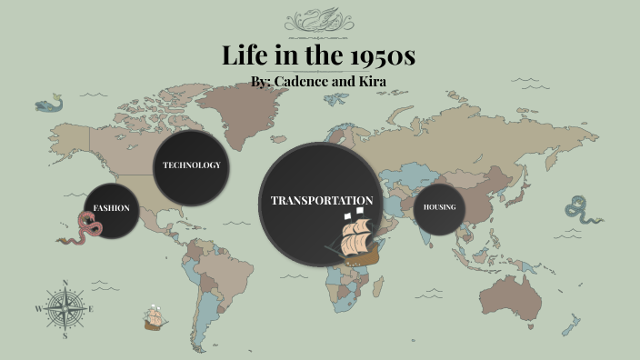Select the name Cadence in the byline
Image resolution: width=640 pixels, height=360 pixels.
pos(315,82)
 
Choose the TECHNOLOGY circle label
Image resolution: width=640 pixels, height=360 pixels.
pos(191,165)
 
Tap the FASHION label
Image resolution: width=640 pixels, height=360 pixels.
pos(112,208)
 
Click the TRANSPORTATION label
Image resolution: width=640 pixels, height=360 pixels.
pos(322,200)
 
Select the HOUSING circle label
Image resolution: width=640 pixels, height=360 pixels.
pos(439,207)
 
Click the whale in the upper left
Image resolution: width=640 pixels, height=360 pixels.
pos(50,105)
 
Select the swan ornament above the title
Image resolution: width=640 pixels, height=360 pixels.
pos(319,20)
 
